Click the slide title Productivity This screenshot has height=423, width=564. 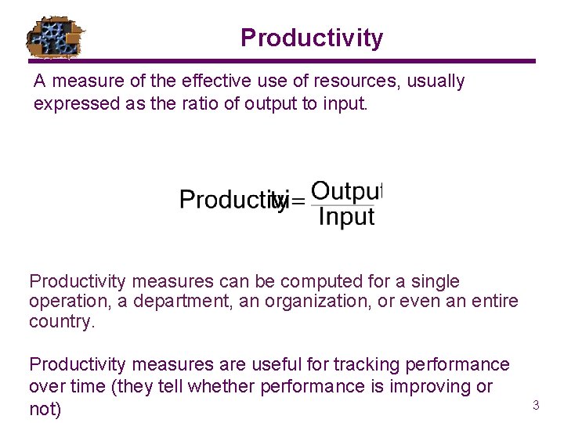tap(312, 38)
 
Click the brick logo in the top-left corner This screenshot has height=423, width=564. tap(55, 37)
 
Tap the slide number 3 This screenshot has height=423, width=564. tap(536, 405)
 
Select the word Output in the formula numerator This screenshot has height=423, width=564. tap(346, 190)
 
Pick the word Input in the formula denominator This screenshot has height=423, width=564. tap(346, 217)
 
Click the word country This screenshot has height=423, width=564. tap(61, 322)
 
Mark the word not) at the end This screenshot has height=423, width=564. tap(45, 409)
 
